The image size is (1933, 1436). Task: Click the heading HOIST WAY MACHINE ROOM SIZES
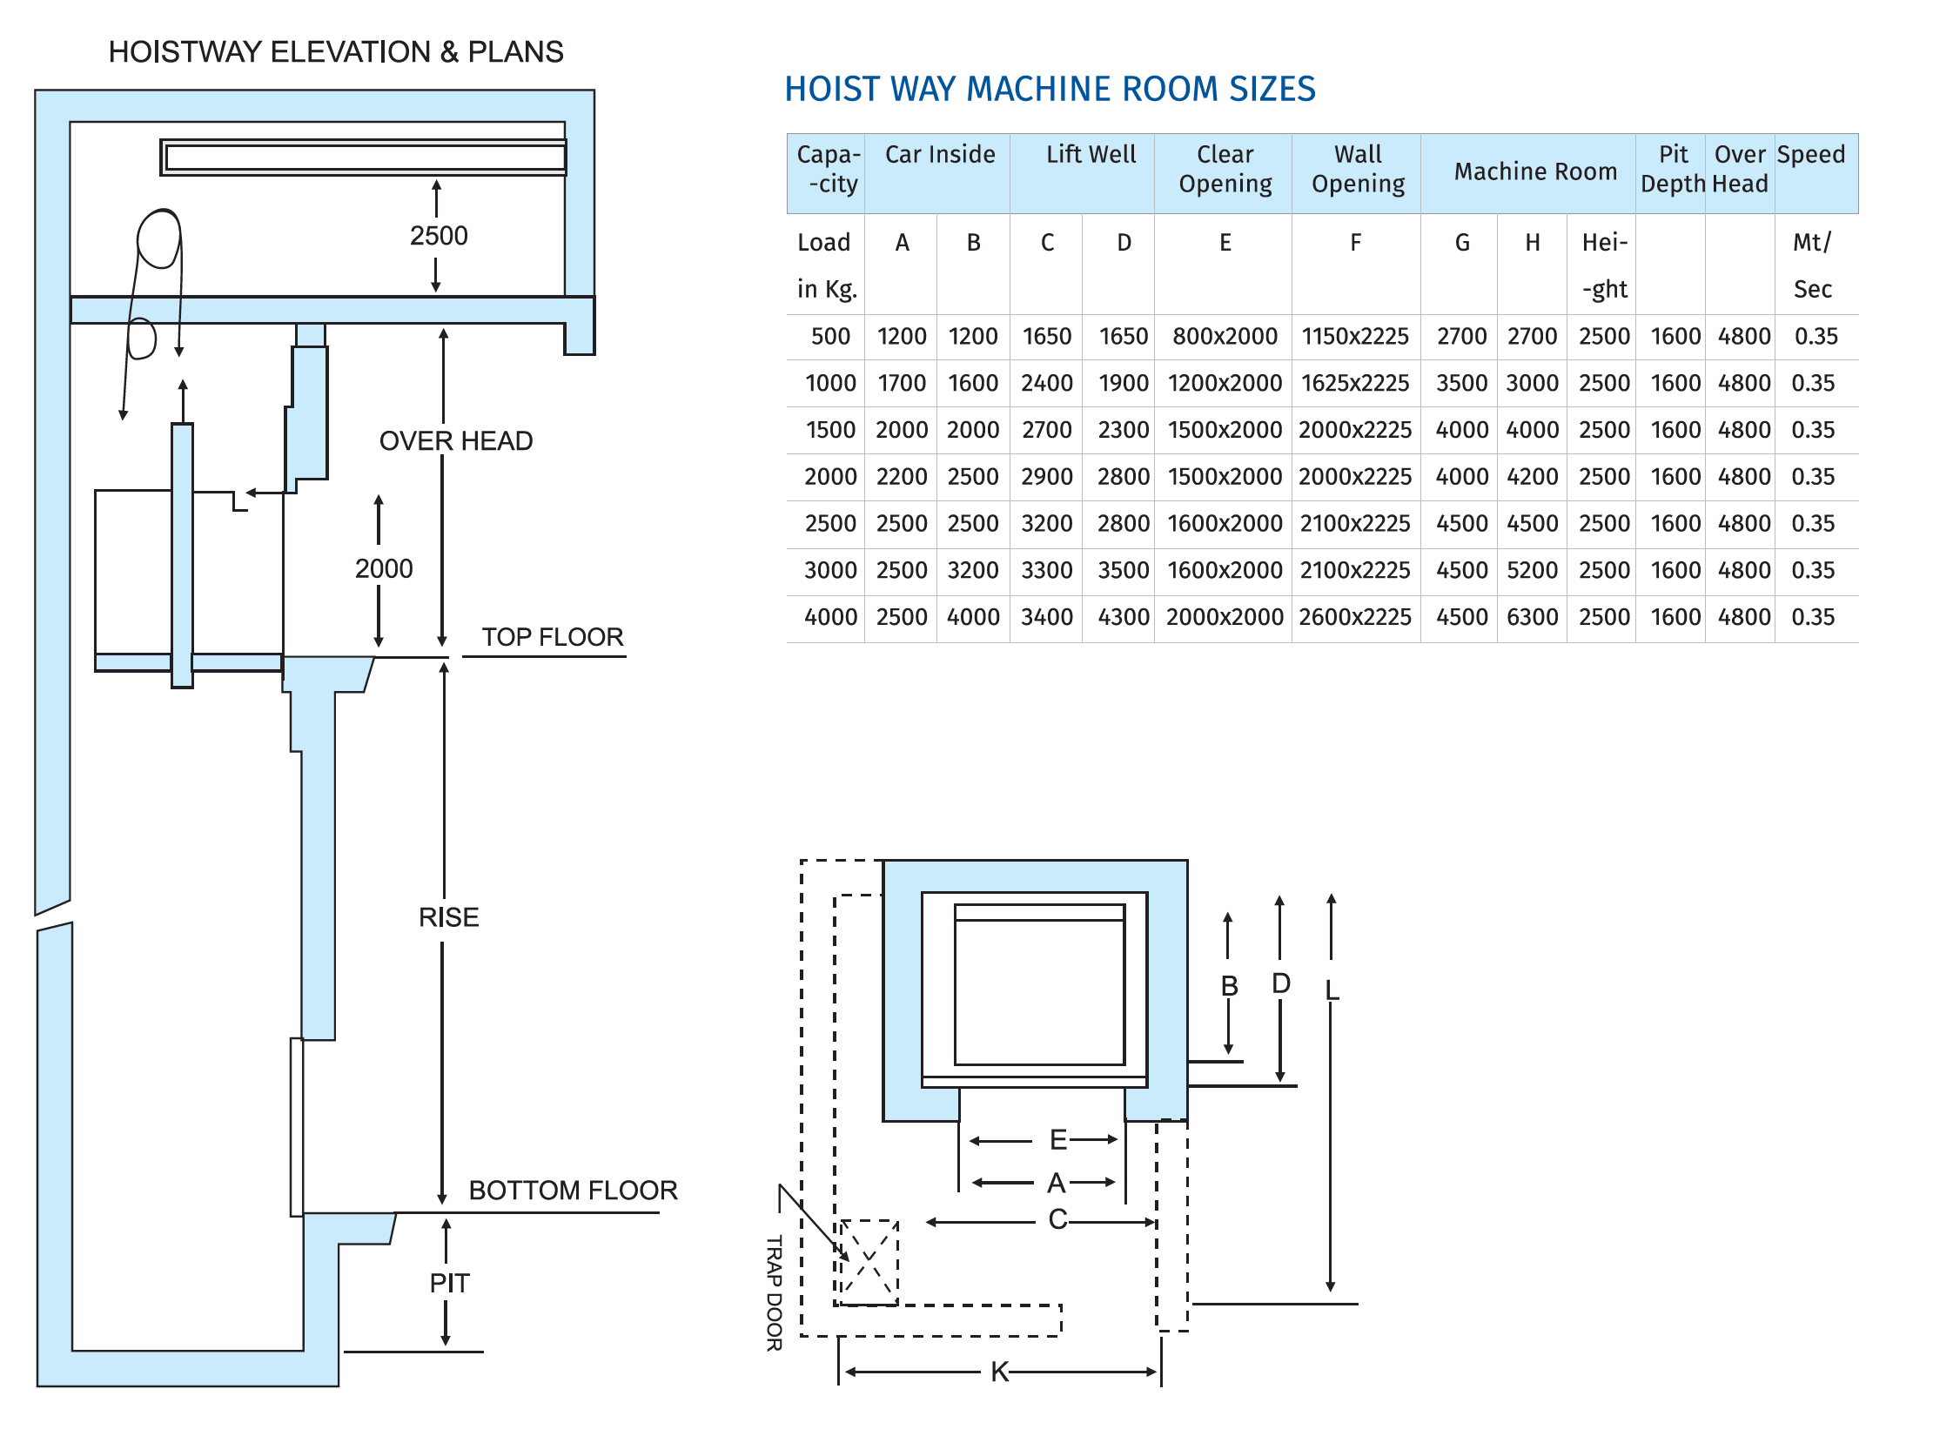[x=1050, y=89]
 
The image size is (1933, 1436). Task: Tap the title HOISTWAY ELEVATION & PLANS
[x=336, y=52]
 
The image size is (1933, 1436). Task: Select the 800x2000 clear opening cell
[x=1225, y=337]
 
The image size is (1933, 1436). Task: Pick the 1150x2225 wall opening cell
[x=1355, y=337]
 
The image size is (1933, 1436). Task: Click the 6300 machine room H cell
[x=1532, y=617]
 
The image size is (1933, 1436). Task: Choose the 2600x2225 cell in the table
[x=1355, y=617]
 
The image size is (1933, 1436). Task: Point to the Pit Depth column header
[x=1672, y=169]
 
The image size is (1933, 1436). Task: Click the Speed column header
[x=1811, y=155]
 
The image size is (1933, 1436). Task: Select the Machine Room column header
[x=1535, y=171]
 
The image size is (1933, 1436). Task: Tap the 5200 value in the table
[x=1532, y=570]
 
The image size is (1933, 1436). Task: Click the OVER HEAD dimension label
[x=455, y=441]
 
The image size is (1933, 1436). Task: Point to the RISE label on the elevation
[x=448, y=917]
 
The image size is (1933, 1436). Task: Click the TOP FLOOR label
[x=553, y=637]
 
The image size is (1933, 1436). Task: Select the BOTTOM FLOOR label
[x=573, y=1191]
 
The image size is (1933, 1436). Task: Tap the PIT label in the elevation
[x=449, y=1283]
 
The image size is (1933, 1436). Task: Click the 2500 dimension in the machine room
[x=439, y=236]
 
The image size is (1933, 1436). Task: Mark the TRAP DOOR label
[x=774, y=1292]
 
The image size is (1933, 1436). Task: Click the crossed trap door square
[x=868, y=1262]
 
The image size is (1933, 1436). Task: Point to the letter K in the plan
[x=999, y=1372]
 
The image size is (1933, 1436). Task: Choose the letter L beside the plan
[x=1332, y=990]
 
